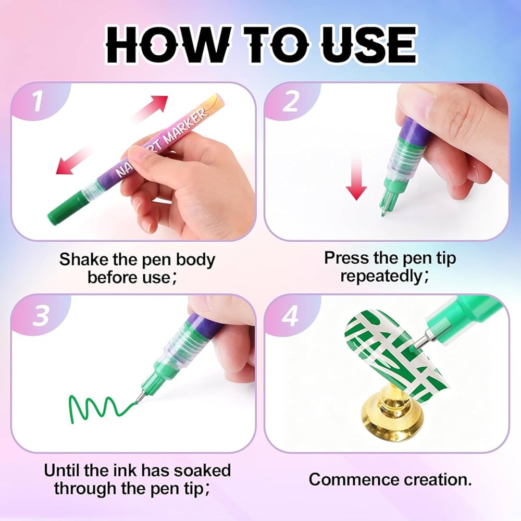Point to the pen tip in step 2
point(384,211)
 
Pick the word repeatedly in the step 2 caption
point(381,276)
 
